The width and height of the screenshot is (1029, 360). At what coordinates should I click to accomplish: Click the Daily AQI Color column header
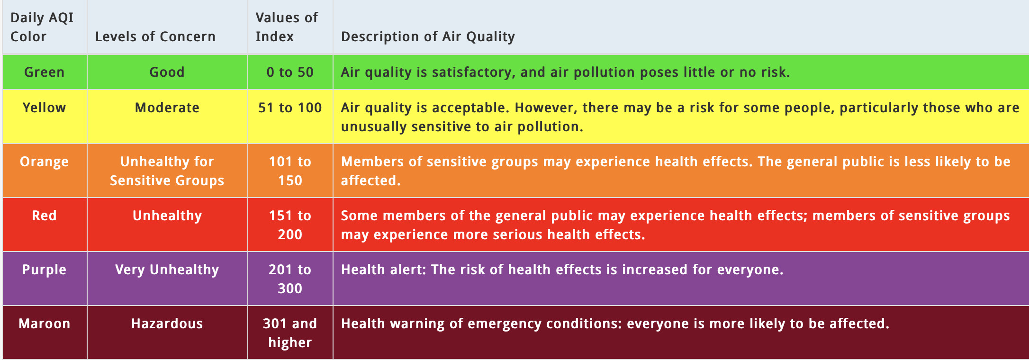[x=42, y=27]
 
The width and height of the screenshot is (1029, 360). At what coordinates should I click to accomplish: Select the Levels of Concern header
[x=155, y=36]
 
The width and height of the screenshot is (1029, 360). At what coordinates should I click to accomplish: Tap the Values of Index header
[x=287, y=27]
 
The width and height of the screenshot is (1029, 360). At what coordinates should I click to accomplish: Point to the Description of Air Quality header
[x=428, y=36]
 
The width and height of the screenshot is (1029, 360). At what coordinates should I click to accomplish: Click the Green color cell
[x=44, y=72]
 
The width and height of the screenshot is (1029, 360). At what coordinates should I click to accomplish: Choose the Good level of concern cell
[x=167, y=72]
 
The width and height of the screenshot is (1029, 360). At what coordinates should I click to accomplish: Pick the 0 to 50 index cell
[x=290, y=72]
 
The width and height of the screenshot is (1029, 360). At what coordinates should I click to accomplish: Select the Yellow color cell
[x=44, y=108]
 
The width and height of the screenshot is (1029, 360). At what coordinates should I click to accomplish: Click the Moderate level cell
[x=167, y=108]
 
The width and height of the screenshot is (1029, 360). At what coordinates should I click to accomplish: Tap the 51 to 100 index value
[x=290, y=108]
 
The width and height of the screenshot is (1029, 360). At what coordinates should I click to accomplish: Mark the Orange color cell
[x=44, y=162]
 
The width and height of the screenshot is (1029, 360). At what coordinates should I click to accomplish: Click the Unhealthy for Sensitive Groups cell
[x=167, y=171]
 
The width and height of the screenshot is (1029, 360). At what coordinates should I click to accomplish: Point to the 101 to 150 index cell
[x=290, y=171]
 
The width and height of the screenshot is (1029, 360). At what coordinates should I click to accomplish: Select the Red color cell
[x=44, y=216]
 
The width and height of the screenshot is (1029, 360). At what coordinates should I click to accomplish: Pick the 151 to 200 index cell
[x=290, y=225]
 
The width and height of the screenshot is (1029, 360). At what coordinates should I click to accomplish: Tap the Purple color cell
[x=44, y=270]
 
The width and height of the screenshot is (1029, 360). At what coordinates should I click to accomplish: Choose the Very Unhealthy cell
[x=167, y=270]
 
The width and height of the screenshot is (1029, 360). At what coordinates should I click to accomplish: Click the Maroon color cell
[x=44, y=324]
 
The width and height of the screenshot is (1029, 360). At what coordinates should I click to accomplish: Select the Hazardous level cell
[x=167, y=324]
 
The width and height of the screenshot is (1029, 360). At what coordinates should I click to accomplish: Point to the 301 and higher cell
[x=290, y=333]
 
